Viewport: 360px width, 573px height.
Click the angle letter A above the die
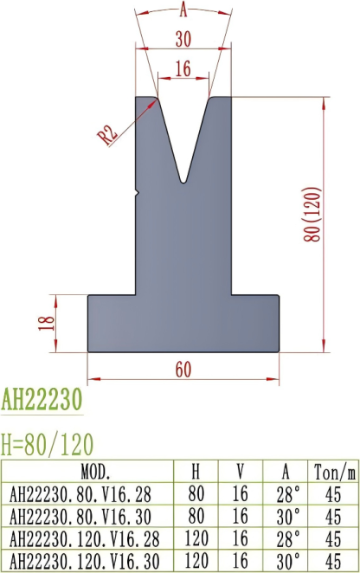tap(183, 10)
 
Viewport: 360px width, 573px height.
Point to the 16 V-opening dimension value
tap(183, 70)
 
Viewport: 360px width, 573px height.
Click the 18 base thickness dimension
tap(48, 322)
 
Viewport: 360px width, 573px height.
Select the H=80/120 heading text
tap(48, 444)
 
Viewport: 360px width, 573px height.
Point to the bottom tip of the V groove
tap(183, 181)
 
